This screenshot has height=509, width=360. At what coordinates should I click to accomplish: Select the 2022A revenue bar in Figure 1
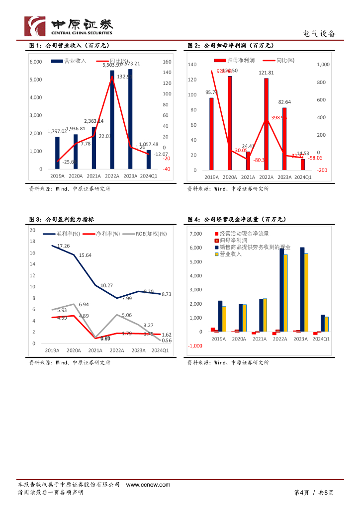click(112, 119)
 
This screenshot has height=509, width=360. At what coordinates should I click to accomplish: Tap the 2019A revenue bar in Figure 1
click(57, 153)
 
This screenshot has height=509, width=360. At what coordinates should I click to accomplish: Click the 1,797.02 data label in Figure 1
click(57, 131)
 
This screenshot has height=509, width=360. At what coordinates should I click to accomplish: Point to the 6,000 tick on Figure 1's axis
click(36, 62)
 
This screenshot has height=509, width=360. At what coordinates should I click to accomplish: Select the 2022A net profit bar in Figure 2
click(266, 124)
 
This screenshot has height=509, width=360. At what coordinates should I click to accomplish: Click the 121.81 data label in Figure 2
click(266, 73)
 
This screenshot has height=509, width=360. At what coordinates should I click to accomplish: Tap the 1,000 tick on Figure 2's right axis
click(323, 65)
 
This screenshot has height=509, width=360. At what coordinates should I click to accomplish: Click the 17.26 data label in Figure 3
click(63, 246)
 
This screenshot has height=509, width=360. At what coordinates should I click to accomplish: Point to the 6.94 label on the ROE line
click(84, 304)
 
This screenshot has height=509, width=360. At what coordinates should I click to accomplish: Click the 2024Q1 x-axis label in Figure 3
click(160, 350)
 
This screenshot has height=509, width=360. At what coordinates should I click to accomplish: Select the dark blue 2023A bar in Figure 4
click(302, 289)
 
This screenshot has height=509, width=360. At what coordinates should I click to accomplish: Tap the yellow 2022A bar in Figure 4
click(286, 293)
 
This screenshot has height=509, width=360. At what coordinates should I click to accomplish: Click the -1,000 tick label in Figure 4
click(195, 346)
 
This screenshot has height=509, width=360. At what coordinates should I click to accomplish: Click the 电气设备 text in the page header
click(320, 34)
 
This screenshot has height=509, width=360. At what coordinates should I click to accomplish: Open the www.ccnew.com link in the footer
click(148, 485)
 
